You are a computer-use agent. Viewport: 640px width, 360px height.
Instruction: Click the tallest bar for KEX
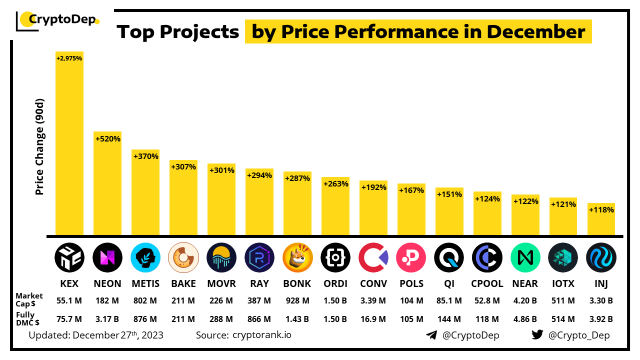coord(69,145)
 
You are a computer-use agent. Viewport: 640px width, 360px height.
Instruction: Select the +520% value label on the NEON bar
coord(108,138)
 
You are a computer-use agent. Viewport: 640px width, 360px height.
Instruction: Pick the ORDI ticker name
coord(335,283)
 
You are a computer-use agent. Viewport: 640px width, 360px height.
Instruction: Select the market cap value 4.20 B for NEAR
coord(525,300)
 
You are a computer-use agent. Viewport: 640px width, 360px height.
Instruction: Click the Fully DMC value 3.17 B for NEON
coord(107,319)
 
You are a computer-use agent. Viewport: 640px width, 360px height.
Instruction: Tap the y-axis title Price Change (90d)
coord(40,147)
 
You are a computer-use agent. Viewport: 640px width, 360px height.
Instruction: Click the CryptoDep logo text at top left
coord(62,20)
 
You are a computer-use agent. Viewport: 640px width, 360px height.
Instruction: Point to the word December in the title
coord(536,32)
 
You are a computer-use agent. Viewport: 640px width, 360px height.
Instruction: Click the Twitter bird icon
coord(537,335)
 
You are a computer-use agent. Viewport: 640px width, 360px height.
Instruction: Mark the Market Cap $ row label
coord(29,300)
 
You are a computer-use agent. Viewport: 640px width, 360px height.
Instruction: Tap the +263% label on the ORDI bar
coord(335,183)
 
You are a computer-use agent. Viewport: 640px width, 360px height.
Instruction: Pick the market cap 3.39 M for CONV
coord(373,300)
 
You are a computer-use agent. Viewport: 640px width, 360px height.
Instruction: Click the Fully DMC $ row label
coord(28,318)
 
